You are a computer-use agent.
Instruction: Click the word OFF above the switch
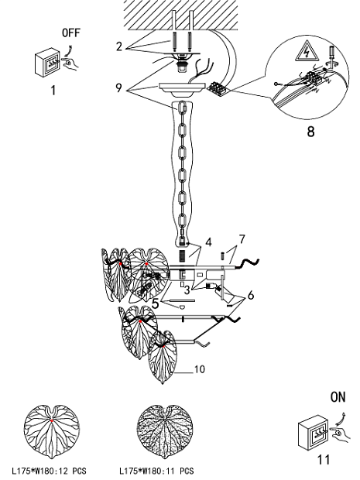pos(70,33)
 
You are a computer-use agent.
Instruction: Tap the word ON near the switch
pos(338,397)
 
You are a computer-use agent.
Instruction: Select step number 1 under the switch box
pos(53,91)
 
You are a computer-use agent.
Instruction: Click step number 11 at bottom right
pos(324,460)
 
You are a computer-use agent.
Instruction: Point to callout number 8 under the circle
pos(310,132)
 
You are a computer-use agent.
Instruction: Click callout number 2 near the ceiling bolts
pos(119,46)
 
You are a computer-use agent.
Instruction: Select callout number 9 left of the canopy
pos(118,87)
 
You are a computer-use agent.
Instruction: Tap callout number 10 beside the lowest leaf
pos(199,369)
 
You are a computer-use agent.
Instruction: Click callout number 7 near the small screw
pos(242,239)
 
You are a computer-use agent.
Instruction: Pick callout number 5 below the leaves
pos(156,303)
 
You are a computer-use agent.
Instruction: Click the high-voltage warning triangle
pos(306,51)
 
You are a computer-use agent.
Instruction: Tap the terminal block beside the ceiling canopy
pos(218,88)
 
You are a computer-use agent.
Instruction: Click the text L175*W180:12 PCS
pos(49,471)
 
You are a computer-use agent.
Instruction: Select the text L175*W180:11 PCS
pos(156,471)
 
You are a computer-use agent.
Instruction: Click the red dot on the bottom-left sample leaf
pos(52,421)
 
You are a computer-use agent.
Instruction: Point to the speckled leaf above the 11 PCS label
pos(164,431)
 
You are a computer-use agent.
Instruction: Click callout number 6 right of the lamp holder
pos(251,296)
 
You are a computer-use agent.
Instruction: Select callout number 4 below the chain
pos(208,242)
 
